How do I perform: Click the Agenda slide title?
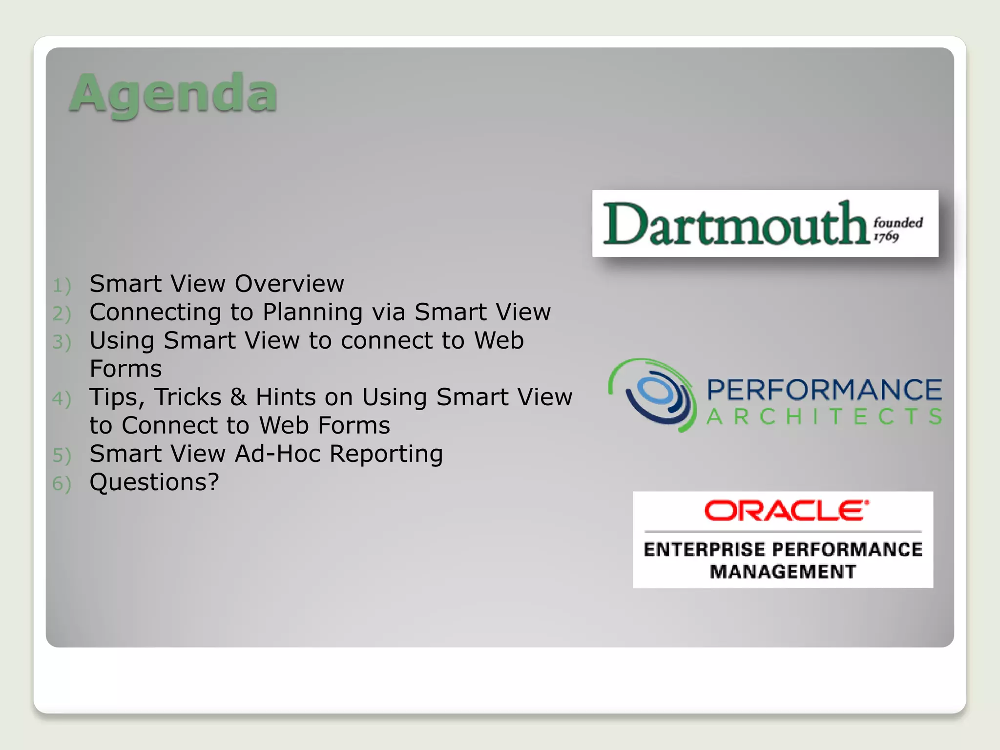tap(173, 94)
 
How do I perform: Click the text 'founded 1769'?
tap(897, 229)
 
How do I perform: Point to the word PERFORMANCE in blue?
tap(824, 390)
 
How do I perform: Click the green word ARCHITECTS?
tap(824, 417)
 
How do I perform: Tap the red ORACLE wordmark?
tap(786, 511)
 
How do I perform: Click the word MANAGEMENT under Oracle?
tap(783, 572)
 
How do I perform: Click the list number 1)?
tap(62, 286)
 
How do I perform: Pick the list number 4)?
tap(62, 399)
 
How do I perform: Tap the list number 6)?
tap(62, 484)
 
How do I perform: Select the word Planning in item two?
tap(313, 312)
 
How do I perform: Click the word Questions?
tap(154, 482)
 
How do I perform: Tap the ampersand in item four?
tap(238, 397)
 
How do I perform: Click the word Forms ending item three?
tap(126, 369)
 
